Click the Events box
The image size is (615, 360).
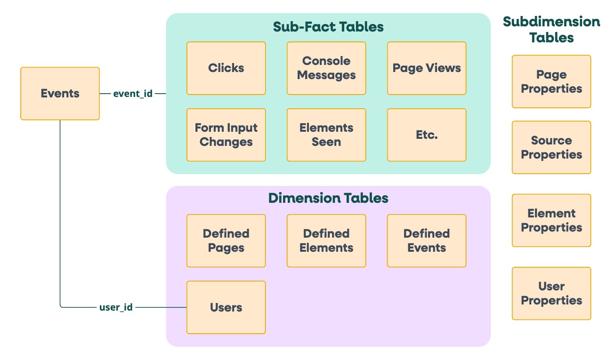(x=60, y=93)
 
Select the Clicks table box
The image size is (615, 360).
(x=226, y=68)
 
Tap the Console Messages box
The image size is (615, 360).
(x=326, y=68)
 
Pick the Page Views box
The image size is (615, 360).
(x=427, y=68)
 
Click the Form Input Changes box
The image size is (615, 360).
(x=226, y=135)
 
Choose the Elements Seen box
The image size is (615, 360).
(x=326, y=135)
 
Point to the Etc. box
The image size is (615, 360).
(x=427, y=135)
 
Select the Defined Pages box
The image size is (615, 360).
(x=226, y=241)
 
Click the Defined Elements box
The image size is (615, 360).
(x=326, y=241)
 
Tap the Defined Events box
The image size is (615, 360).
(x=427, y=241)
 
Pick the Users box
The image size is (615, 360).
(x=226, y=307)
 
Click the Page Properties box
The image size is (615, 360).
(x=551, y=81)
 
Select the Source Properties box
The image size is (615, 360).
(x=551, y=147)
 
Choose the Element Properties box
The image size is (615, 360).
(x=551, y=220)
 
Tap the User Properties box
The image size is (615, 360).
(x=551, y=293)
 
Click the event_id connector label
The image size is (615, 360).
(x=133, y=94)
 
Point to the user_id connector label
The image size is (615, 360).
(x=116, y=308)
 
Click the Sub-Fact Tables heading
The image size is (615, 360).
(x=328, y=27)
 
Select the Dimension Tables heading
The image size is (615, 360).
(x=328, y=198)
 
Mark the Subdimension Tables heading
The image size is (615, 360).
(x=551, y=29)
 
